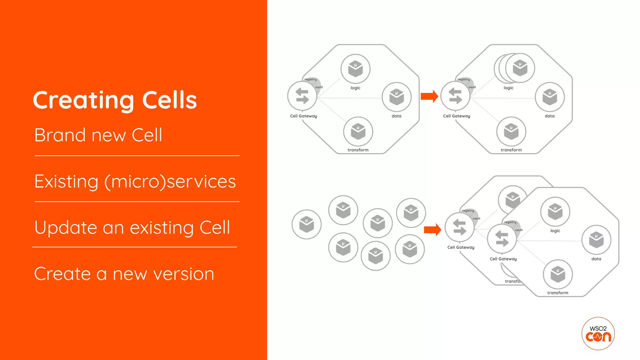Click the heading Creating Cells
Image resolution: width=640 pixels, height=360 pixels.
click(115, 100)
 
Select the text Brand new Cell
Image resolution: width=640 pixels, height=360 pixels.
click(98, 135)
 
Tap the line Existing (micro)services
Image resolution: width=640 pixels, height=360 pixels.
click(135, 182)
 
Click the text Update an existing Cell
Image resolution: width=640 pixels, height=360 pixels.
click(132, 227)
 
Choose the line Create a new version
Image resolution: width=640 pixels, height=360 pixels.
click(124, 274)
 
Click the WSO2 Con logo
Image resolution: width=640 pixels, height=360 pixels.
click(598, 333)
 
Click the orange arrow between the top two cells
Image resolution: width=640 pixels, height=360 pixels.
click(429, 96)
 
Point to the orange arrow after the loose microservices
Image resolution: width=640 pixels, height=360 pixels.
click(432, 230)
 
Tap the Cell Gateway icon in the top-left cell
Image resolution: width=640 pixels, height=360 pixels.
click(302, 96)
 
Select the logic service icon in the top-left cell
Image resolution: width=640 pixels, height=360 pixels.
click(355, 69)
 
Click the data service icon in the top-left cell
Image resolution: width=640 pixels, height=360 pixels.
click(396, 97)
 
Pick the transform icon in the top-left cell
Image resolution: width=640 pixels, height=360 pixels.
click(358, 132)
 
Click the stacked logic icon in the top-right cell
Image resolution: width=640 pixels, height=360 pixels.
click(519, 68)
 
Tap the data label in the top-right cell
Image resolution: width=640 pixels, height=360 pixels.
click(549, 116)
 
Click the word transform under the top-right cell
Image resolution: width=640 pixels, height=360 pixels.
click(511, 150)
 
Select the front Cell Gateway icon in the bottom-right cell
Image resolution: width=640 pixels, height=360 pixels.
click(502, 239)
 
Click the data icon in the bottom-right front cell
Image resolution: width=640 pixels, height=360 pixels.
click(596, 240)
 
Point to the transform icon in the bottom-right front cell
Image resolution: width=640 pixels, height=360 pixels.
click(557, 274)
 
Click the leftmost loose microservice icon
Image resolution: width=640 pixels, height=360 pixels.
click(306, 224)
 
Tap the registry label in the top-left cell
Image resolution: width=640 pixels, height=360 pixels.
click(310, 79)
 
